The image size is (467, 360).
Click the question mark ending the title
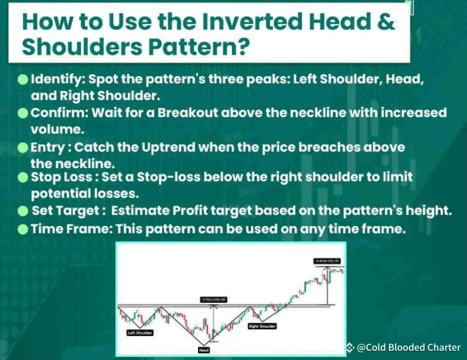(x=242, y=47)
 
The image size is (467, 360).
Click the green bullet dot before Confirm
(x=23, y=113)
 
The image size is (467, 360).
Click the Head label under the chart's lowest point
(x=203, y=349)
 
